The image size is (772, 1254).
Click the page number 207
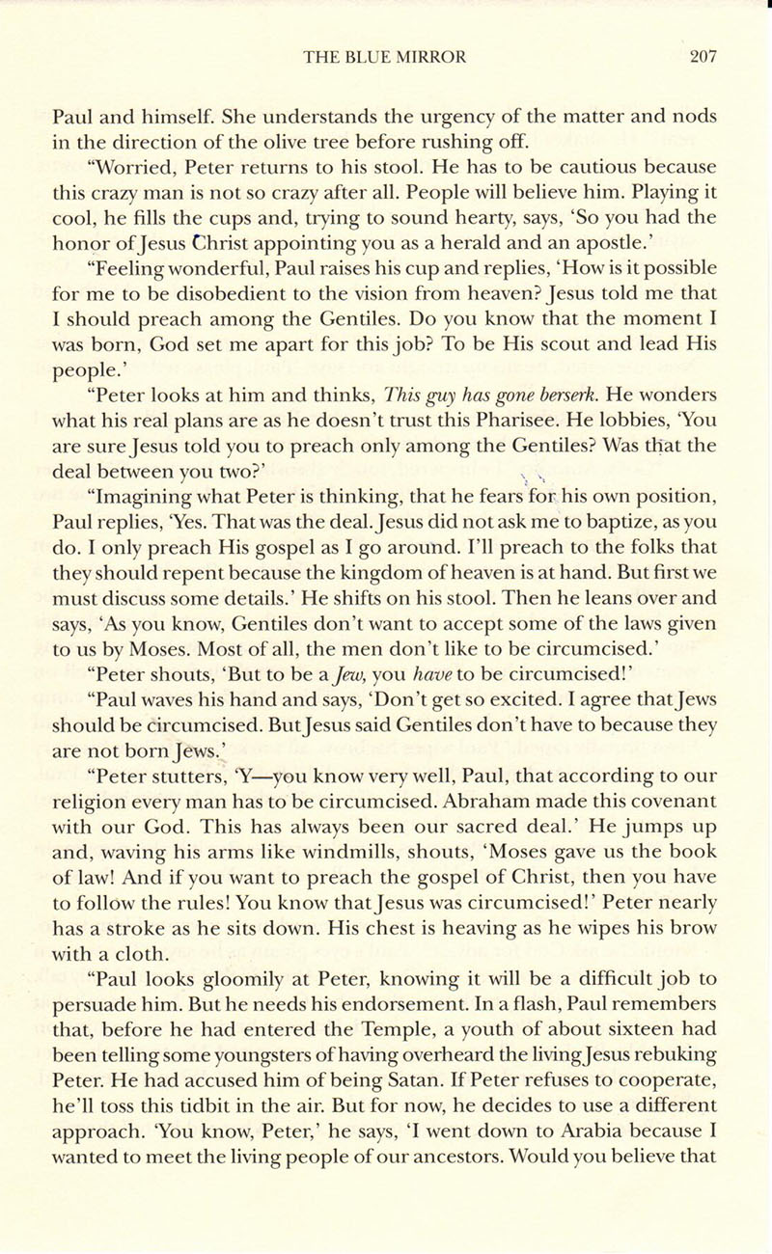coord(703,57)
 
